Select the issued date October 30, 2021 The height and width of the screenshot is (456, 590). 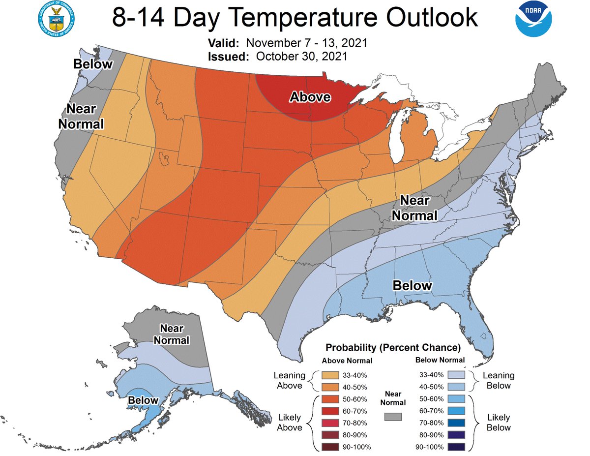[301, 56]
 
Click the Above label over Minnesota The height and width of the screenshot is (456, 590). [310, 97]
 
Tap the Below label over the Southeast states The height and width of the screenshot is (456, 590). [412, 285]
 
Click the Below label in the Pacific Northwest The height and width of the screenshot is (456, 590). [93, 64]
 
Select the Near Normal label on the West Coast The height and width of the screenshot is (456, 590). [81, 116]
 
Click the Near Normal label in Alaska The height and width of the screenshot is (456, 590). [172, 334]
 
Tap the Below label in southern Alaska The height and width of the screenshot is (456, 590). [143, 400]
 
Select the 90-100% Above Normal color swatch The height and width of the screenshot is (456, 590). [330, 447]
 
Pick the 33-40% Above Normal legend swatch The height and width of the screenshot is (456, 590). [330, 375]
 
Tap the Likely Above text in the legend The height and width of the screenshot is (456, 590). [290, 423]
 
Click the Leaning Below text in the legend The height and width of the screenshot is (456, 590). [499, 380]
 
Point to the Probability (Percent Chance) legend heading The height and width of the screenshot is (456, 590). [392, 348]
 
